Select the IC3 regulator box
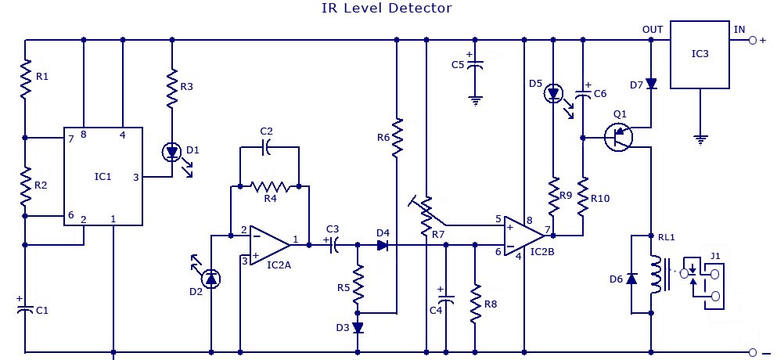coord(700,55)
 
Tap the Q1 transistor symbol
coord(618,138)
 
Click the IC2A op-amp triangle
coord(270,245)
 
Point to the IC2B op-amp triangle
coord(524,236)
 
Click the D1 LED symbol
coord(172,153)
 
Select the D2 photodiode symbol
coord(211,279)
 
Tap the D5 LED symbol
coord(553,94)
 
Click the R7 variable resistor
coord(426,216)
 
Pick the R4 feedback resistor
coord(270,186)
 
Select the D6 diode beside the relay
coord(631,279)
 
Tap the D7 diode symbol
coord(651,84)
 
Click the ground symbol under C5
coord(475,101)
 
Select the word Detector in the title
coord(420,8)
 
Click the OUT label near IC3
coord(652,30)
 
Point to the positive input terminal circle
coord(753,40)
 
